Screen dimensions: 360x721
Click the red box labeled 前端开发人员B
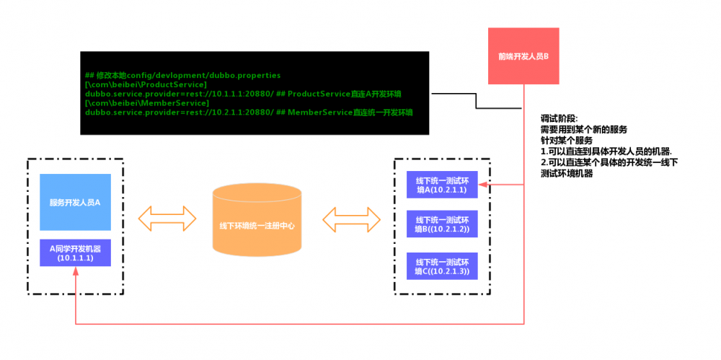(x=523, y=55)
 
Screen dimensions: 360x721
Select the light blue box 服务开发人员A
(x=75, y=202)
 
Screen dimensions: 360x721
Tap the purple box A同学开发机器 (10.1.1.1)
(x=75, y=253)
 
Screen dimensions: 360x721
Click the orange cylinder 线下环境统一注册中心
(x=257, y=224)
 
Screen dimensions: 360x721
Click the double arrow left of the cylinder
(x=167, y=219)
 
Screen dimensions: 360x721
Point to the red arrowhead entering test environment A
(x=485, y=185)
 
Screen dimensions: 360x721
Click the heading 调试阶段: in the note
(x=559, y=119)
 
